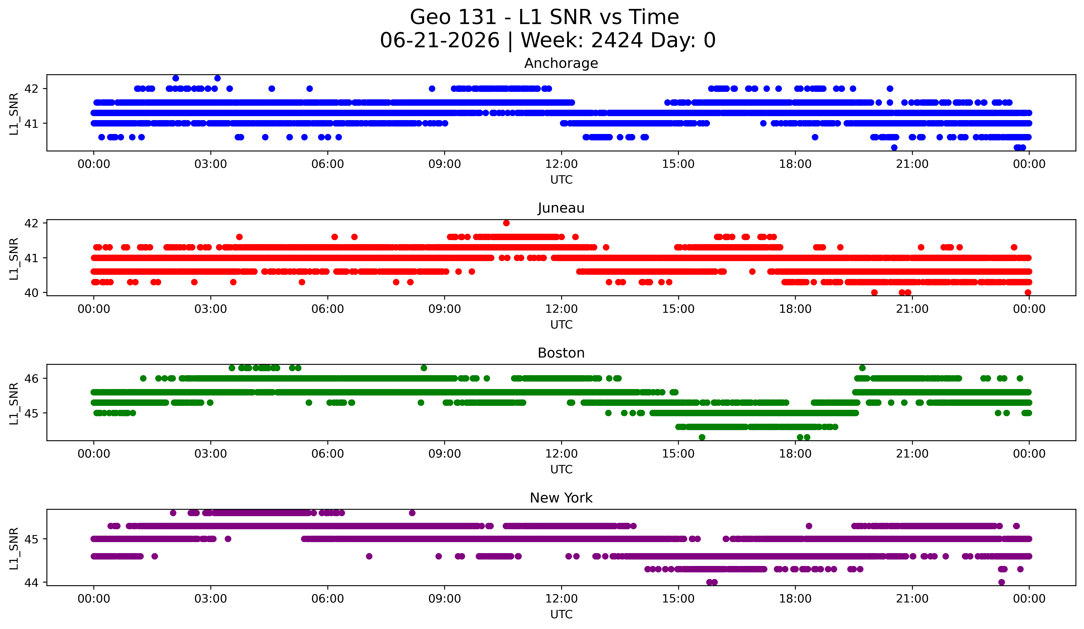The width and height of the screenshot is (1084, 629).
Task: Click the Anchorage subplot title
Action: click(x=561, y=63)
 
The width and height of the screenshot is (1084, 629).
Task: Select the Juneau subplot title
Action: click(x=561, y=208)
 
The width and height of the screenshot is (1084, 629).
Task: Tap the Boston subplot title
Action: click(x=561, y=353)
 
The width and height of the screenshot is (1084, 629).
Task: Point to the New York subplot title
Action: click(x=561, y=498)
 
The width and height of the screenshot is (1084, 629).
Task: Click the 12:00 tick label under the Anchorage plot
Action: click(x=561, y=164)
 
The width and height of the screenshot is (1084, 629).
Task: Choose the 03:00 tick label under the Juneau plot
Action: click(x=211, y=309)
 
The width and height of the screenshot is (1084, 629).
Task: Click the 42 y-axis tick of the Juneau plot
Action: click(x=31, y=223)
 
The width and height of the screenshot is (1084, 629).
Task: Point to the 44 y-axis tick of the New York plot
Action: click(x=31, y=583)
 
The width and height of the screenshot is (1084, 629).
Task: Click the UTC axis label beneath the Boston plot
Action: click(x=561, y=470)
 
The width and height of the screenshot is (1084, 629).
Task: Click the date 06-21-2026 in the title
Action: click(x=440, y=40)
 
